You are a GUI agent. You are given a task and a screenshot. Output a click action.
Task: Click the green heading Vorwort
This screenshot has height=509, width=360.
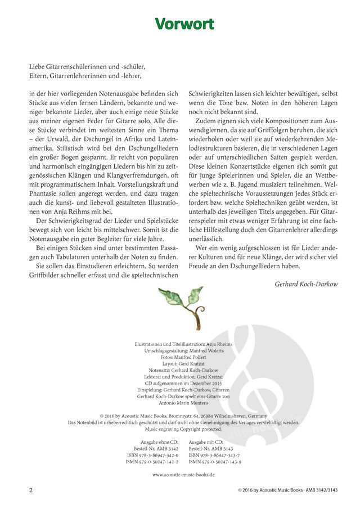pyautogui.click(x=179, y=24)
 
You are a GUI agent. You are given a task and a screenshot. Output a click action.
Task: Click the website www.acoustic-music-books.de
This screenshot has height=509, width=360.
pyautogui.click(x=179, y=475)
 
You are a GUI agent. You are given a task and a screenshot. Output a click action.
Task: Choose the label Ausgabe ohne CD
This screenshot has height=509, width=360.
pyautogui.click(x=158, y=442)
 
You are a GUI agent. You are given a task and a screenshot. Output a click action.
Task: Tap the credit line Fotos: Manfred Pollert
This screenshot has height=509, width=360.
pyautogui.click(x=180, y=357)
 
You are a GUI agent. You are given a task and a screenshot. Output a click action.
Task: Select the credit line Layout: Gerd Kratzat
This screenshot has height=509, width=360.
pyautogui.click(x=180, y=363)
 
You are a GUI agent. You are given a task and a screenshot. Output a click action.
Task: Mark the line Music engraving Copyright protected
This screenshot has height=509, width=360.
pyautogui.click(x=180, y=429)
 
